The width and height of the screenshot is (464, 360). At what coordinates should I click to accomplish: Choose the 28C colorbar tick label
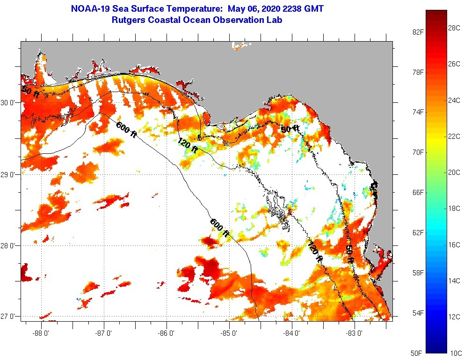tap(454, 28)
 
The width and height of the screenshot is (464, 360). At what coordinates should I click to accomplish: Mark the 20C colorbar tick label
tap(454, 172)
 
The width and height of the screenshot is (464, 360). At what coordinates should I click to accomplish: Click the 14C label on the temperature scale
tap(454, 281)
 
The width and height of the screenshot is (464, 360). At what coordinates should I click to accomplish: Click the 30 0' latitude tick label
tap(9, 103)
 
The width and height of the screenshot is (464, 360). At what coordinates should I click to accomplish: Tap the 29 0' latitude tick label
tap(9, 175)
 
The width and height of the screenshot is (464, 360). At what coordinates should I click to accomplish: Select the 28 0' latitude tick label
tap(9, 246)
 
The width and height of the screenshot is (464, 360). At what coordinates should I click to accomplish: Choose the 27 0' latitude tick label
tap(9, 317)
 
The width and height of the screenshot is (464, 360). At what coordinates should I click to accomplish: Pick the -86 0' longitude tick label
tap(167, 333)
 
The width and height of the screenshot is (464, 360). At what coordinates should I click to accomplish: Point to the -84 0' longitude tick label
tap(291, 333)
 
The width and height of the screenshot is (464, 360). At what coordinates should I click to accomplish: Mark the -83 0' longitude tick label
tap(354, 333)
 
